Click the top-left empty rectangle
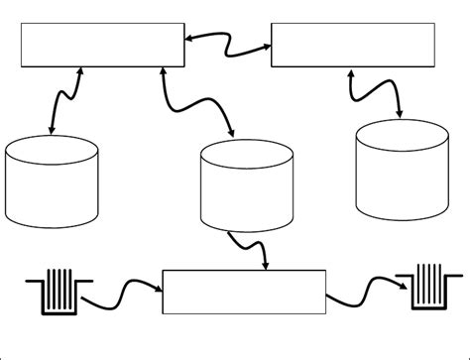[102, 46]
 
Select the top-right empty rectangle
[352, 45]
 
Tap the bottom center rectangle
[243, 291]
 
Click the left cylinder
[52, 181]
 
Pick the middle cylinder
[247, 185]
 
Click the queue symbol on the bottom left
[59, 292]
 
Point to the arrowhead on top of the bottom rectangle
[265, 264]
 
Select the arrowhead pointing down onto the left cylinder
[52, 131]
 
